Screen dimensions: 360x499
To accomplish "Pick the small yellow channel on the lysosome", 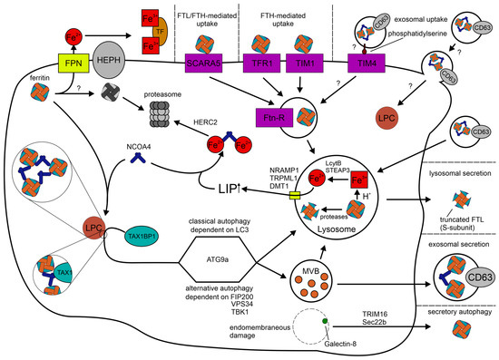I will point(293,197).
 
